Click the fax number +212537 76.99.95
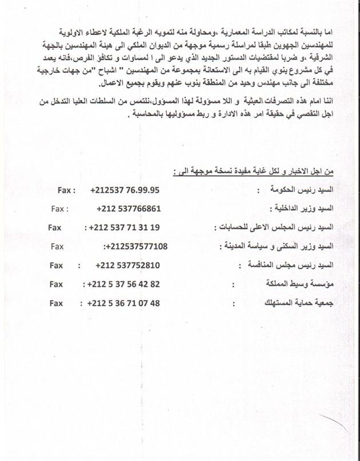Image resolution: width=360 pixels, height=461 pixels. click(x=125, y=190)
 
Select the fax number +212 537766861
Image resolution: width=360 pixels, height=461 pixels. click(x=129, y=208)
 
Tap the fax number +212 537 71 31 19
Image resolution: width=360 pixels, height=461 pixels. click(x=124, y=227)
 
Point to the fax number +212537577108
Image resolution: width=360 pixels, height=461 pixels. click(x=136, y=246)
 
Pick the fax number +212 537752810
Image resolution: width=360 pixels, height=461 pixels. click(x=128, y=265)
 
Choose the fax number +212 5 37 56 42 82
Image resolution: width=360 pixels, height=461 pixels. click(x=124, y=284)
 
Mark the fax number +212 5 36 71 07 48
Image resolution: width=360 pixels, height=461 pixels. click(x=124, y=303)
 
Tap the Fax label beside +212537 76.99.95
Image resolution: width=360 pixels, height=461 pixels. click(x=67, y=190)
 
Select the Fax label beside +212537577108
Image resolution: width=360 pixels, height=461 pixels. click(x=57, y=246)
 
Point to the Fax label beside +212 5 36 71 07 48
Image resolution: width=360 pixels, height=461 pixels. click(x=56, y=303)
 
